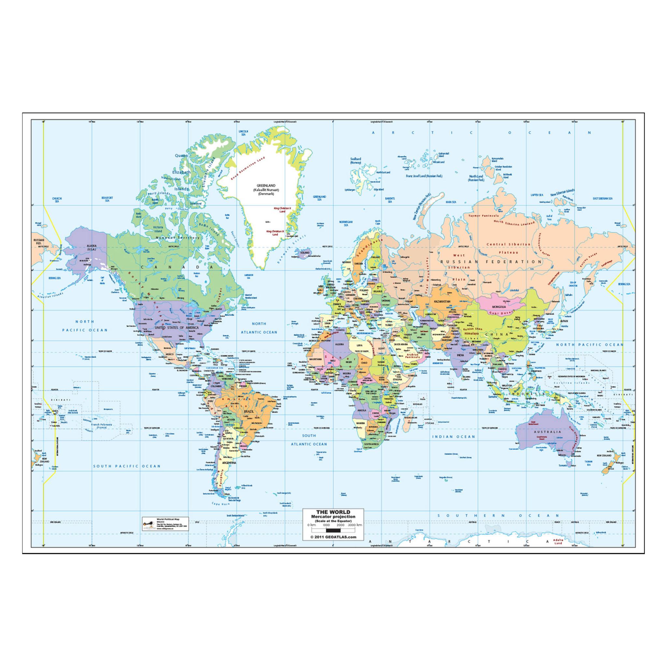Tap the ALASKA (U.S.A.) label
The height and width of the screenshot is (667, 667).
(92, 247)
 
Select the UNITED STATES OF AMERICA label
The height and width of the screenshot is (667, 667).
(177, 327)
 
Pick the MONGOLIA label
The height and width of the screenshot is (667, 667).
(499, 306)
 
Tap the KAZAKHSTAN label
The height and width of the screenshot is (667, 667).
(442, 301)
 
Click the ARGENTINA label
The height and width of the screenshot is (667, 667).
(229, 462)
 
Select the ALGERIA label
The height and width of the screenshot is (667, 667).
(340, 344)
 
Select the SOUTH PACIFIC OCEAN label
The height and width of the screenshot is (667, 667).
(127, 466)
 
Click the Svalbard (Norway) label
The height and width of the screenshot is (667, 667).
(355, 161)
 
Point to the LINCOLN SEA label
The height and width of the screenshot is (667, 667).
(244, 133)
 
